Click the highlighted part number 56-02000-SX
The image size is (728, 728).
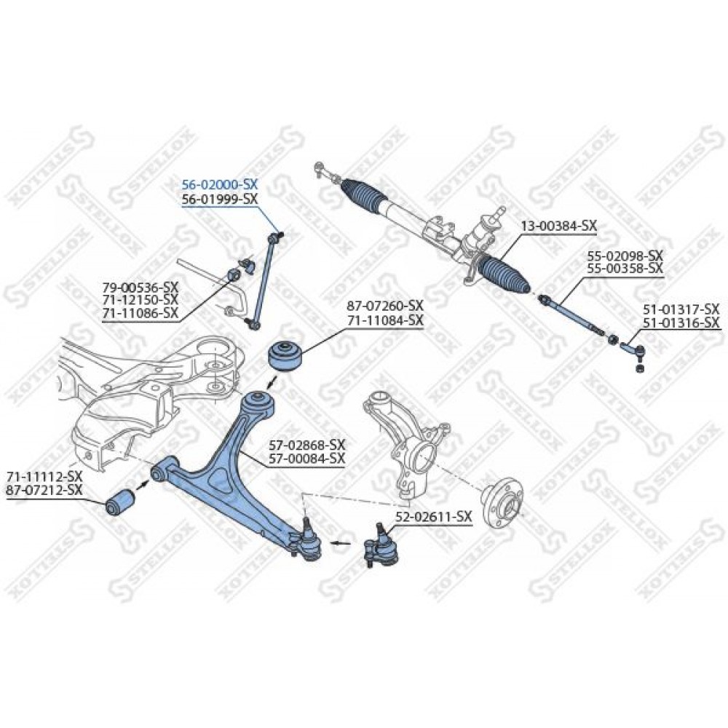[x=219, y=184]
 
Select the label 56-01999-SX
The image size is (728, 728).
[x=219, y=199]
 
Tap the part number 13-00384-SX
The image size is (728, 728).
[x=558, y=226]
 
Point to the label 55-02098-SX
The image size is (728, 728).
[x=625, y=256]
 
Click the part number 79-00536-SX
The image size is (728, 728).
[x=141, y=286]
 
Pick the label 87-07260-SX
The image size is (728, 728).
[x=385, y=306]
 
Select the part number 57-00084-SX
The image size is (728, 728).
[x=307, y=458]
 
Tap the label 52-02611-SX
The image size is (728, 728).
[x=434, y=516]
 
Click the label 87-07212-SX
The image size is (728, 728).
[x=44, y=489]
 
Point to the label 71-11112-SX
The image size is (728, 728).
[x=44, y=476]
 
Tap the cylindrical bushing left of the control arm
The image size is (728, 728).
[x=120, y=502]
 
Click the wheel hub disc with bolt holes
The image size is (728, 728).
[x=504, y=505]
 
